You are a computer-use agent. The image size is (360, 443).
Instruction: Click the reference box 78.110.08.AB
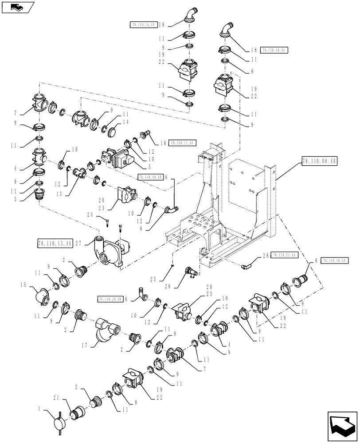[319, 163]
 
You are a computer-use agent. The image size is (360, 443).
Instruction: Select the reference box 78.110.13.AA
[55, 242]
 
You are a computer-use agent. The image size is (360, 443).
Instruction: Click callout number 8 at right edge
[316, 261]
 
